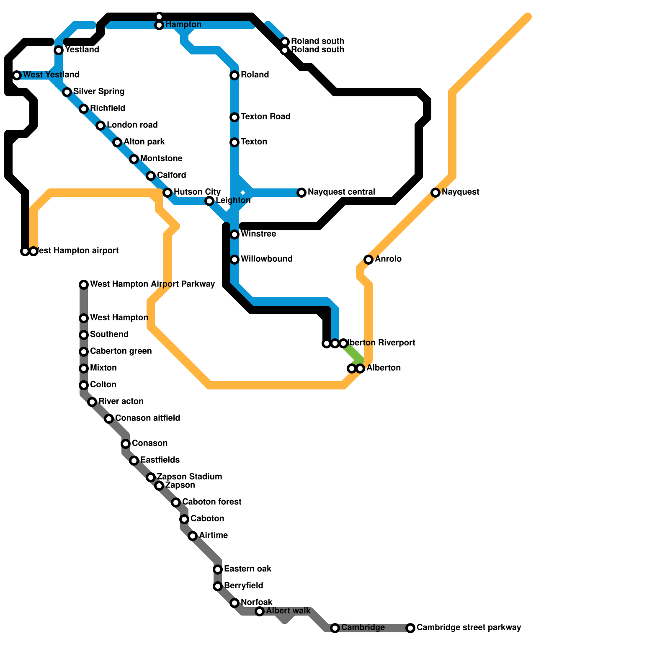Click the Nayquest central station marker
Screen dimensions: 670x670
[x=301, y=193]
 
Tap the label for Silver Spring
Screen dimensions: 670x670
[x=99, y=91]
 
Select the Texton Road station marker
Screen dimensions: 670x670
[x=234, y=117]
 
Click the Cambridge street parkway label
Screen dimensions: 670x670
[x=469, y=627]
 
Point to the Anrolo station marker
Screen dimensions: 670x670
[x=368, y=260]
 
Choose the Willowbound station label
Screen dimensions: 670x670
[x=266, y=259]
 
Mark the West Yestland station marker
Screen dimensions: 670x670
[x=17, y=75]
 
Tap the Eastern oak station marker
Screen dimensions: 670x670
[x=218, y=569]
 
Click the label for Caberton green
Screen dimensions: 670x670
[x=121, y=351]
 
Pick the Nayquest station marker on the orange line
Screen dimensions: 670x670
[x=435, y=193]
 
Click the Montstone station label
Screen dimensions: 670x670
[x=161, y=158]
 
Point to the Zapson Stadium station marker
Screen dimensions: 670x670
[x=151, y=477]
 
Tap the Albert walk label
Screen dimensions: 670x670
[x=288, y=611]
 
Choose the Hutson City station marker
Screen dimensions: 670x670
[x=167, y=193]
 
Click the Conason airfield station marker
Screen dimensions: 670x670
[x=109, y=419]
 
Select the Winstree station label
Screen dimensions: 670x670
[x=258, y=234]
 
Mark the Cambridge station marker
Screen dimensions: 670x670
[x=335, y=628]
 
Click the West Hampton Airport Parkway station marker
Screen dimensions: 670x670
[x=84, y=285]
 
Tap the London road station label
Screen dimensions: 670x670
[x=132, y=125]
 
